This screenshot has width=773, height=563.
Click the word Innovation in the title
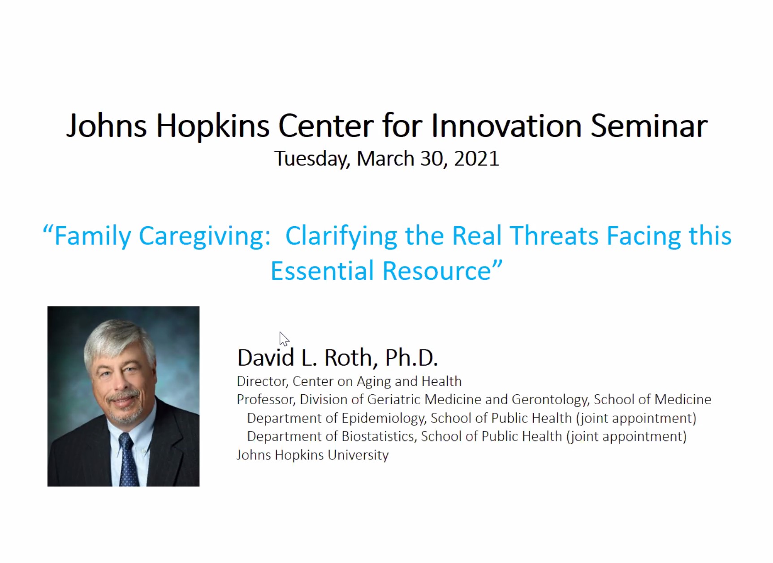click(506, 126)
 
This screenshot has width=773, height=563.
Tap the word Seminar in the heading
click(649, 126)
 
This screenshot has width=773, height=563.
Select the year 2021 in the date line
click(476, 158)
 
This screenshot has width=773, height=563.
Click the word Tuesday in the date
click(312, 159)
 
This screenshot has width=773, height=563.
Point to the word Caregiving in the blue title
click(205, 236)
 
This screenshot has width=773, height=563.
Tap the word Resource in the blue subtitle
click(437, 271)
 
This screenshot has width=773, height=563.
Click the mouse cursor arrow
click(284, 339)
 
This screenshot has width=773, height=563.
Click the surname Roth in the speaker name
click(348, 358)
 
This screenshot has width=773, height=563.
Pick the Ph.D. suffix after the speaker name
click(411, 358)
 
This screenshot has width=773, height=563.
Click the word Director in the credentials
click(262, 381)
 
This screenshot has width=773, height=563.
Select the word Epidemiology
click(383, 419)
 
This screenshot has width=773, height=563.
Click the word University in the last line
click(358, 455)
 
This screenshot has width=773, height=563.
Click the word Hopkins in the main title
click(212, 127)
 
